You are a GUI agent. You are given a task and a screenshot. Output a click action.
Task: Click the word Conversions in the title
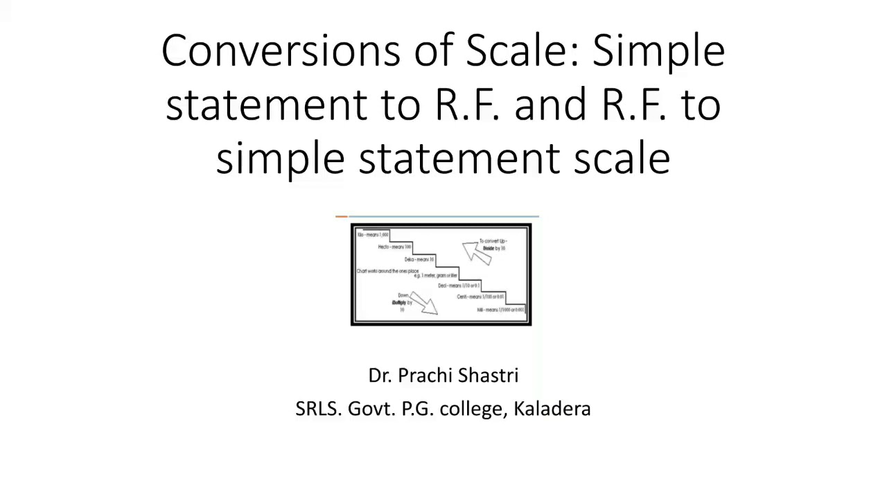tap(281, 51)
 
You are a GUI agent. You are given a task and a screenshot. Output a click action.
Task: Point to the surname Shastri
tap(488, 376)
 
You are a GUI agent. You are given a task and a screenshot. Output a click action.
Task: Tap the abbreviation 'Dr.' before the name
tap(380, 376)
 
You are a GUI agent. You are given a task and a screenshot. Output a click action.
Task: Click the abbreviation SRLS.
tap(318, 409)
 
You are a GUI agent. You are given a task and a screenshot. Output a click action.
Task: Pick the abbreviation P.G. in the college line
tap(417, 409)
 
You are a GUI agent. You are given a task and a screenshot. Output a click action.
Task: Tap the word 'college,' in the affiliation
tap(473, 409)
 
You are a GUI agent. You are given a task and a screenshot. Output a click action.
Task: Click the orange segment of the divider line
tap(341, 217)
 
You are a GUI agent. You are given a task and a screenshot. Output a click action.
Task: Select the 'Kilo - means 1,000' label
tap(373, 235)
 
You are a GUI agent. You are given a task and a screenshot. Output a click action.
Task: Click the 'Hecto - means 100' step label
tap(394, 247)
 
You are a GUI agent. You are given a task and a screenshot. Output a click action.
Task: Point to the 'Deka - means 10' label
tap(419, 259)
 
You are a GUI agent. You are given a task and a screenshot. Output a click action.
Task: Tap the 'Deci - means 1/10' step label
tap(459, 286)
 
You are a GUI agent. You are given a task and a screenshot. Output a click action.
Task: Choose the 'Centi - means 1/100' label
tap(480, 297)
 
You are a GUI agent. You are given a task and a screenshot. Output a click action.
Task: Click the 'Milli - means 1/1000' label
tap(500, 310)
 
